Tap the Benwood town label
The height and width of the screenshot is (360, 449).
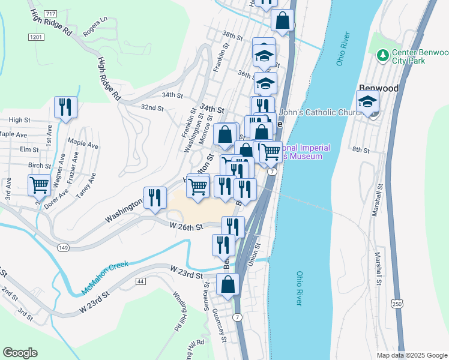click(379, 88)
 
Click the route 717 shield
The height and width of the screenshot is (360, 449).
click(50, 13)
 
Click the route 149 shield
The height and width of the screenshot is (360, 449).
click(63, 247)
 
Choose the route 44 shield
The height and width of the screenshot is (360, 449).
click(141, 281)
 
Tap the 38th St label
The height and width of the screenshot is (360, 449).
click(231, 37)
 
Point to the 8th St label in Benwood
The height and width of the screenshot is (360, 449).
click(361, 149)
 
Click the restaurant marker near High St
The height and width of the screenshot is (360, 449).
click(64, 107)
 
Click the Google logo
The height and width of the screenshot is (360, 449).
click(20, 353)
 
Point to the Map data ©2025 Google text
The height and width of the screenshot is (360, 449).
click(411, 355)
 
